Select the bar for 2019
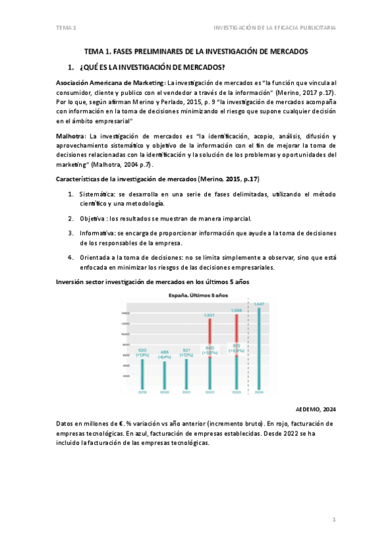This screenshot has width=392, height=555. [x=142, y=373]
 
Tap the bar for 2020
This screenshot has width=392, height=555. [x=164, y=374]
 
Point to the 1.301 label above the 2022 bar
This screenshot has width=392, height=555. [x=209, y=315]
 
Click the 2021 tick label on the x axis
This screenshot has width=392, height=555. [x=187, y=392]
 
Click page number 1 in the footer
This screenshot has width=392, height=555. [x=334, y=520]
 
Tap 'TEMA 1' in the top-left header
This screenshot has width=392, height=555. [x=66, y=27]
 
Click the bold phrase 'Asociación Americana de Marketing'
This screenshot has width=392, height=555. [x=110, y=83]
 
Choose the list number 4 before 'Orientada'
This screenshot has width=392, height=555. [x=71, y=257]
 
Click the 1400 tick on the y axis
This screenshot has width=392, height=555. [x=125, y=313]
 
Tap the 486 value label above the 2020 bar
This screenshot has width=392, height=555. [x=164, y=351]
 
